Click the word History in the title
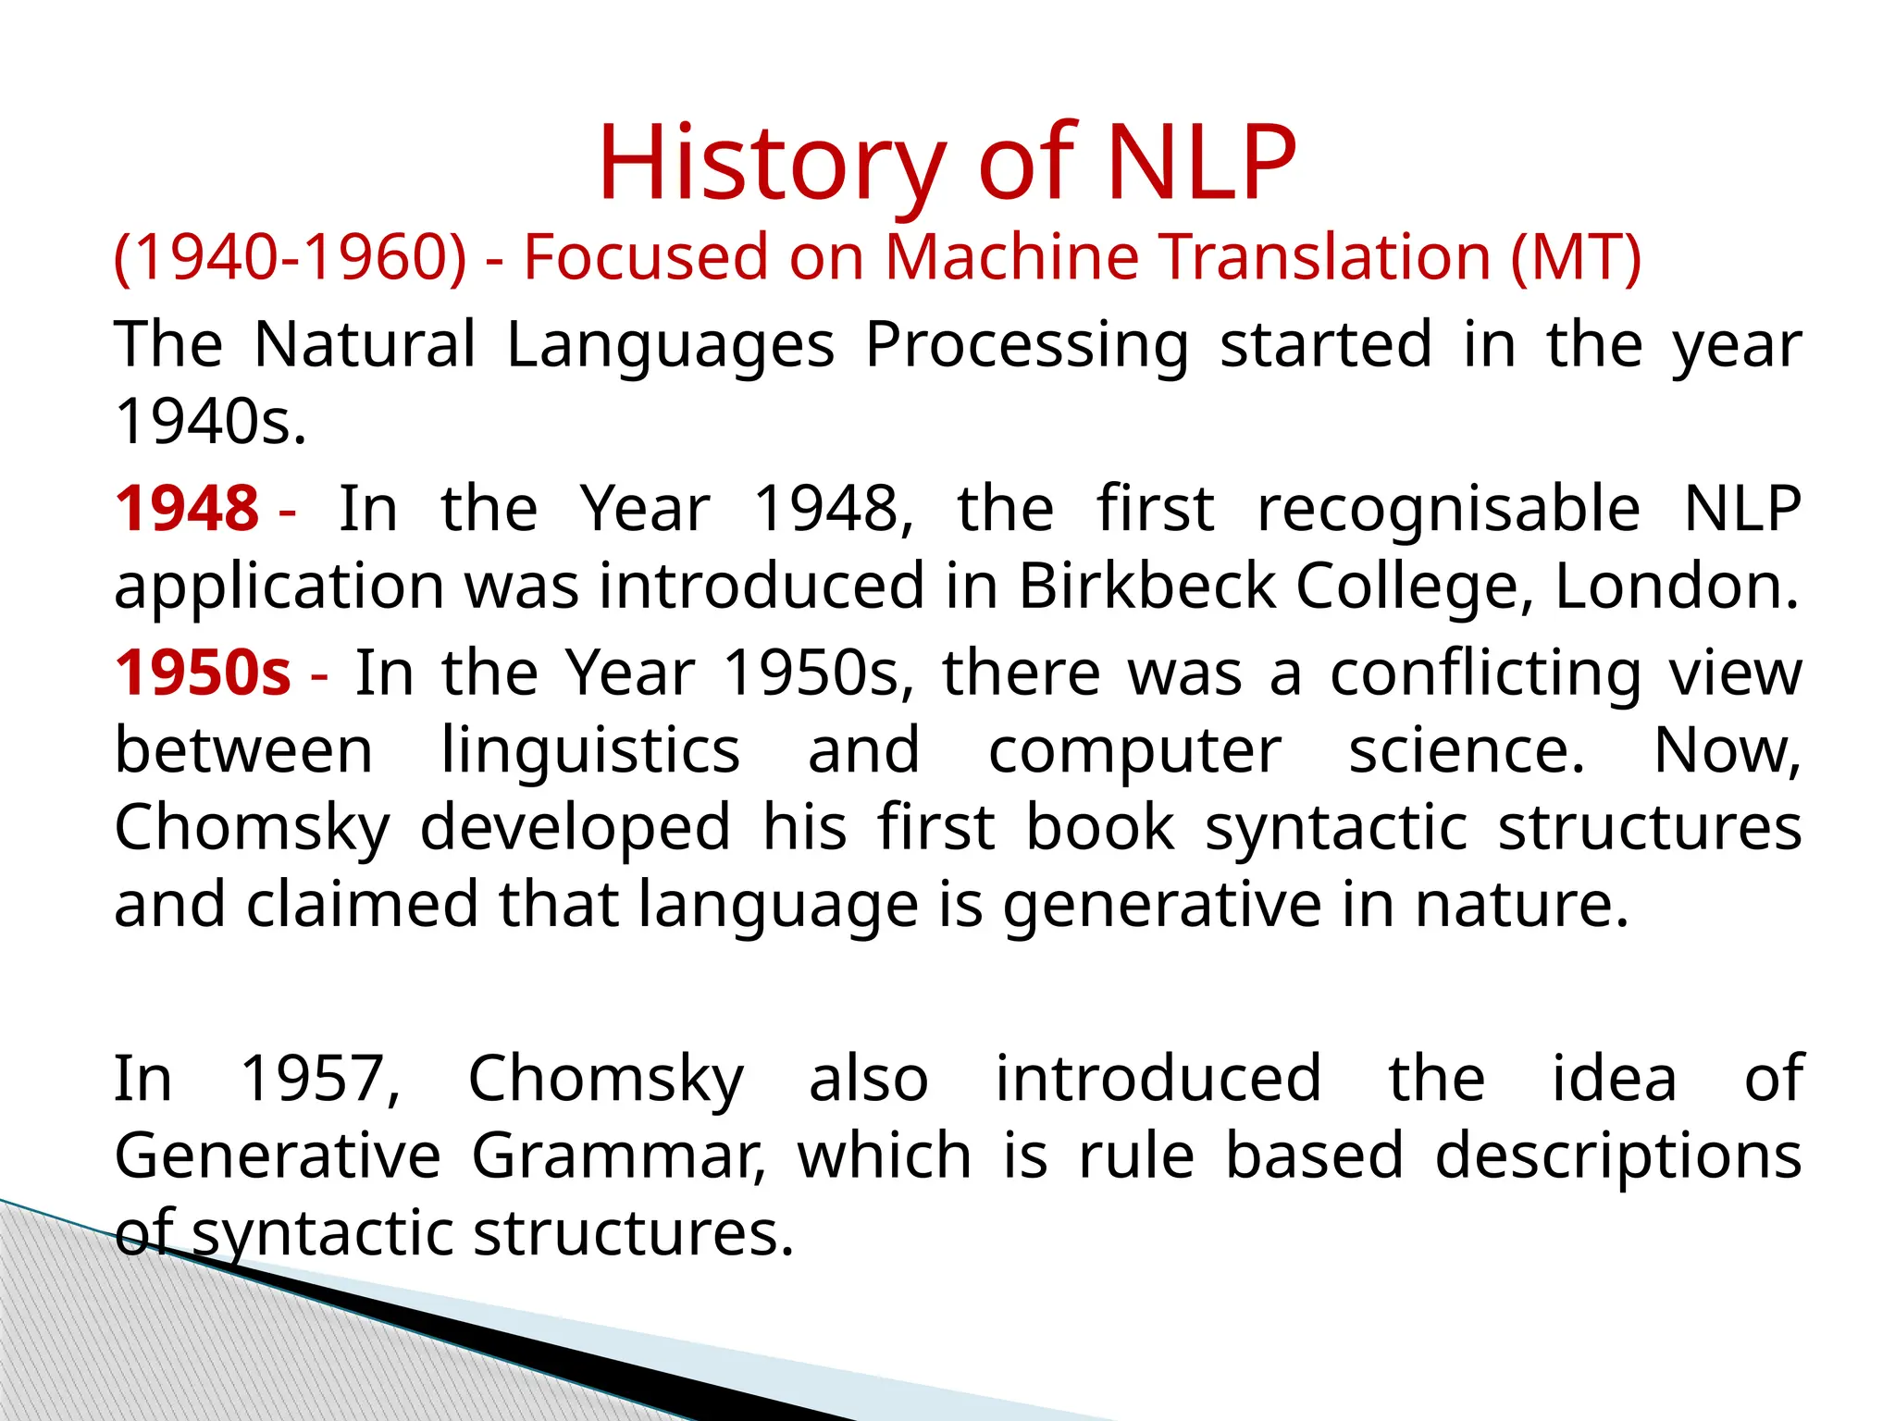773,165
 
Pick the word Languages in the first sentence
670,345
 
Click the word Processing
1027,345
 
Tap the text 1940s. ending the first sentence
211,422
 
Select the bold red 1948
187,509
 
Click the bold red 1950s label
203,673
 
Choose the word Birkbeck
1146,586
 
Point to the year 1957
320,1079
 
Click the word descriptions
1618,1155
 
